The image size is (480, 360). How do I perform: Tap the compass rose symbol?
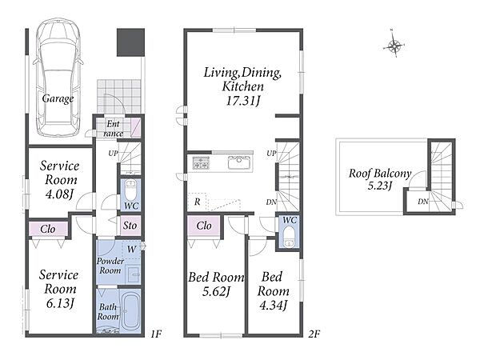[394, 46]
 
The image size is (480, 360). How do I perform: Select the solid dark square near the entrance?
[130, 42]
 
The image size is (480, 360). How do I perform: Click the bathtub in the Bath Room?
[130, 311]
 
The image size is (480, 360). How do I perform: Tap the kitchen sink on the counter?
[239, 162]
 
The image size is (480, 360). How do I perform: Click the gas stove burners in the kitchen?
[201, 162]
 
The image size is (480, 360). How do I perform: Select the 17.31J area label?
[242, 101]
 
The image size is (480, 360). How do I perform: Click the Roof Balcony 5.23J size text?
[379, 186]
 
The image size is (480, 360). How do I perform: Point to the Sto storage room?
[130, 226]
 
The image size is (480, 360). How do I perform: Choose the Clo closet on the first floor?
[48, 229]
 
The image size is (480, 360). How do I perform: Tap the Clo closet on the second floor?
[203, 226]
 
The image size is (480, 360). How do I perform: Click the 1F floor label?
[156, 334]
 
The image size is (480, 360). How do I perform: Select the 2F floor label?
[314, 334]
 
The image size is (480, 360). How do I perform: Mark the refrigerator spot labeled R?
[197, 202]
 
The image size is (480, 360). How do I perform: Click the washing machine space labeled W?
[131, 250]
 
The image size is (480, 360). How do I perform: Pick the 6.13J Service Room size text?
[60, 304]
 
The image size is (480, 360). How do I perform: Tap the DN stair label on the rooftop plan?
[423, 202]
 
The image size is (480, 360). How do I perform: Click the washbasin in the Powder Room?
[134, 274]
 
